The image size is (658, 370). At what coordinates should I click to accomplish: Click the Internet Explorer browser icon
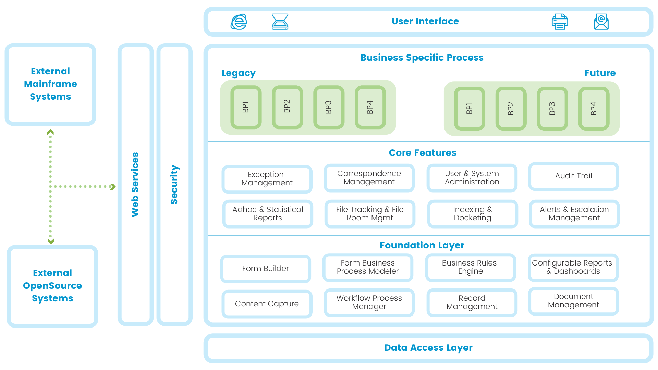[x=239, y=22]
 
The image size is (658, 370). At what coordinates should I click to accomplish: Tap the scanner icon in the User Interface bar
[x=280, y=22]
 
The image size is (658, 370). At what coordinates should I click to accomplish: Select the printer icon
[x=560, y=22]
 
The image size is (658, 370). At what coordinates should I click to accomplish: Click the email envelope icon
[x=601, y=22]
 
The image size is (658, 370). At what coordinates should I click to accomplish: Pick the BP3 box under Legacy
[x=329, y=107]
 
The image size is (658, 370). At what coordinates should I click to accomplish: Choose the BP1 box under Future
[x=470, y=109]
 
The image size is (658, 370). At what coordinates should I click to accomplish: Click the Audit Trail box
[x=573, y=176]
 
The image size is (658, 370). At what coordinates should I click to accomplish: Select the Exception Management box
[x=267, y=179]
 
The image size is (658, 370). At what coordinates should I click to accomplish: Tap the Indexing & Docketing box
[x=472, y=214]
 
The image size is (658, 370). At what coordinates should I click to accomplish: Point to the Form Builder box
[x=265, y=269]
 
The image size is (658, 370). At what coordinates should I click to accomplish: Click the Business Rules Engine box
[x=470, y=267]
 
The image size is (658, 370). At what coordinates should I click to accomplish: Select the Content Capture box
[x=267, y=304]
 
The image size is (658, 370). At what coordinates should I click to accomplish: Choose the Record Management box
[x=472, y=303]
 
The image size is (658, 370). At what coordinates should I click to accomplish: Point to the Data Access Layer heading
[x=428, y=348]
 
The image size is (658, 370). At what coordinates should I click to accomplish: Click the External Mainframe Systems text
[x=50, y=84]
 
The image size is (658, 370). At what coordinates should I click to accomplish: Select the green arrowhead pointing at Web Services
[x=113, y=187]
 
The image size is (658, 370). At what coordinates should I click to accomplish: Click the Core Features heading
[x=422, y=153]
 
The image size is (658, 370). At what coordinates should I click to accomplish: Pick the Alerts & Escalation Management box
[x=574, y=214]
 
